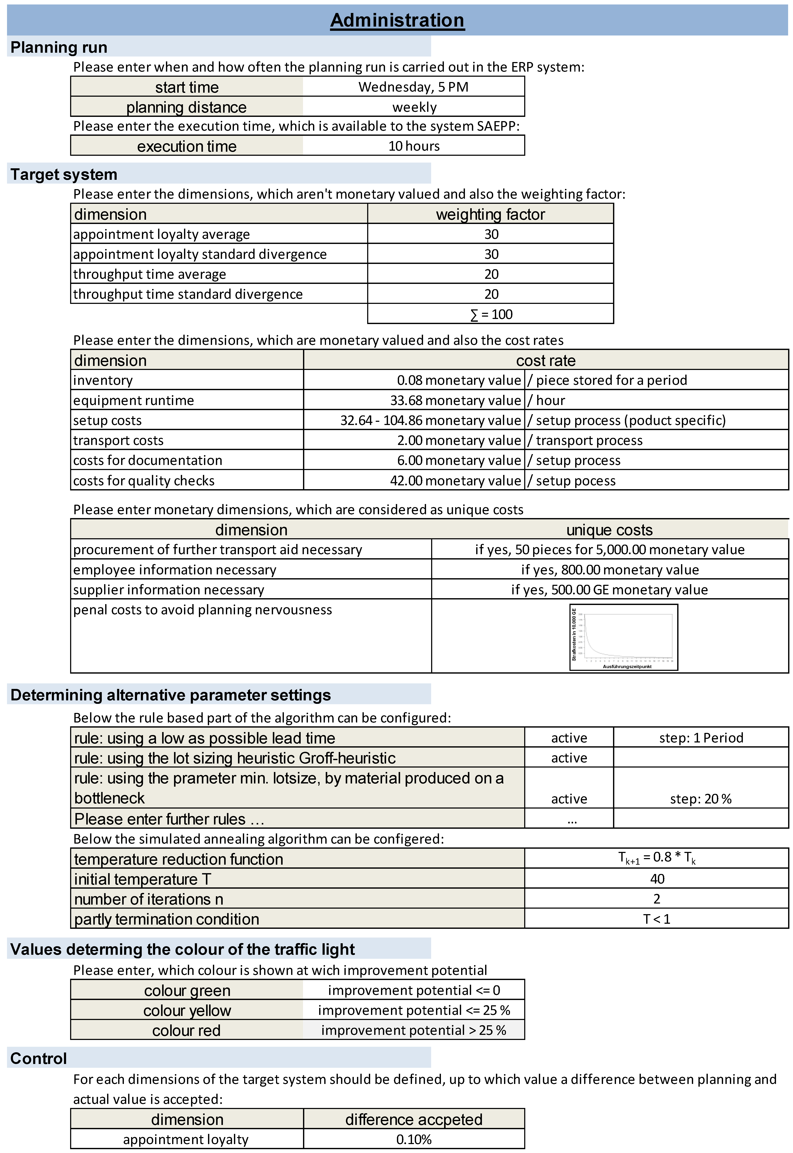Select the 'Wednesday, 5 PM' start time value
[x=413, y=87]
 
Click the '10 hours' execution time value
[x=414, y=146]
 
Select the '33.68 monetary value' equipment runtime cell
[x=455, y=400]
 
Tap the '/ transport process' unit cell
[x=585, y=441]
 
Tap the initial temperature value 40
[x=657, y=879]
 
